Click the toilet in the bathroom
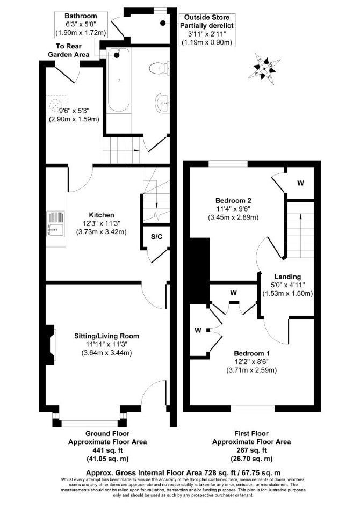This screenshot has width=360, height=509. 160,68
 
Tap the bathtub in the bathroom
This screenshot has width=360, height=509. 119,80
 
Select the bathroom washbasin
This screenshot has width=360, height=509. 162,102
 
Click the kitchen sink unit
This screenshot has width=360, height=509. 55,224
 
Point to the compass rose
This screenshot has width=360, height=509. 264,68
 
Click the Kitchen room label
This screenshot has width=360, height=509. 102,215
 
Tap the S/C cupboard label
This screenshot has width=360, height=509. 156,237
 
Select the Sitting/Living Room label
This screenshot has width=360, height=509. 106,336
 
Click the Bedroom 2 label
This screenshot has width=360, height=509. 233,201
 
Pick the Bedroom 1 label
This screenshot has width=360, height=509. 252,353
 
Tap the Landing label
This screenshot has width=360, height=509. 287,277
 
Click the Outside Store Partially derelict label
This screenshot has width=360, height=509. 207,21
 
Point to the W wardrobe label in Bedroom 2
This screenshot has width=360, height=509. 300,183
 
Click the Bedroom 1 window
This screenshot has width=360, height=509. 253,409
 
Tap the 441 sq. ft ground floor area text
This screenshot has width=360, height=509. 107,450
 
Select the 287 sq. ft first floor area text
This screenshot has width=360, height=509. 251,450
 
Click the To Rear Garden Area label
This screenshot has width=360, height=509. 69,50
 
